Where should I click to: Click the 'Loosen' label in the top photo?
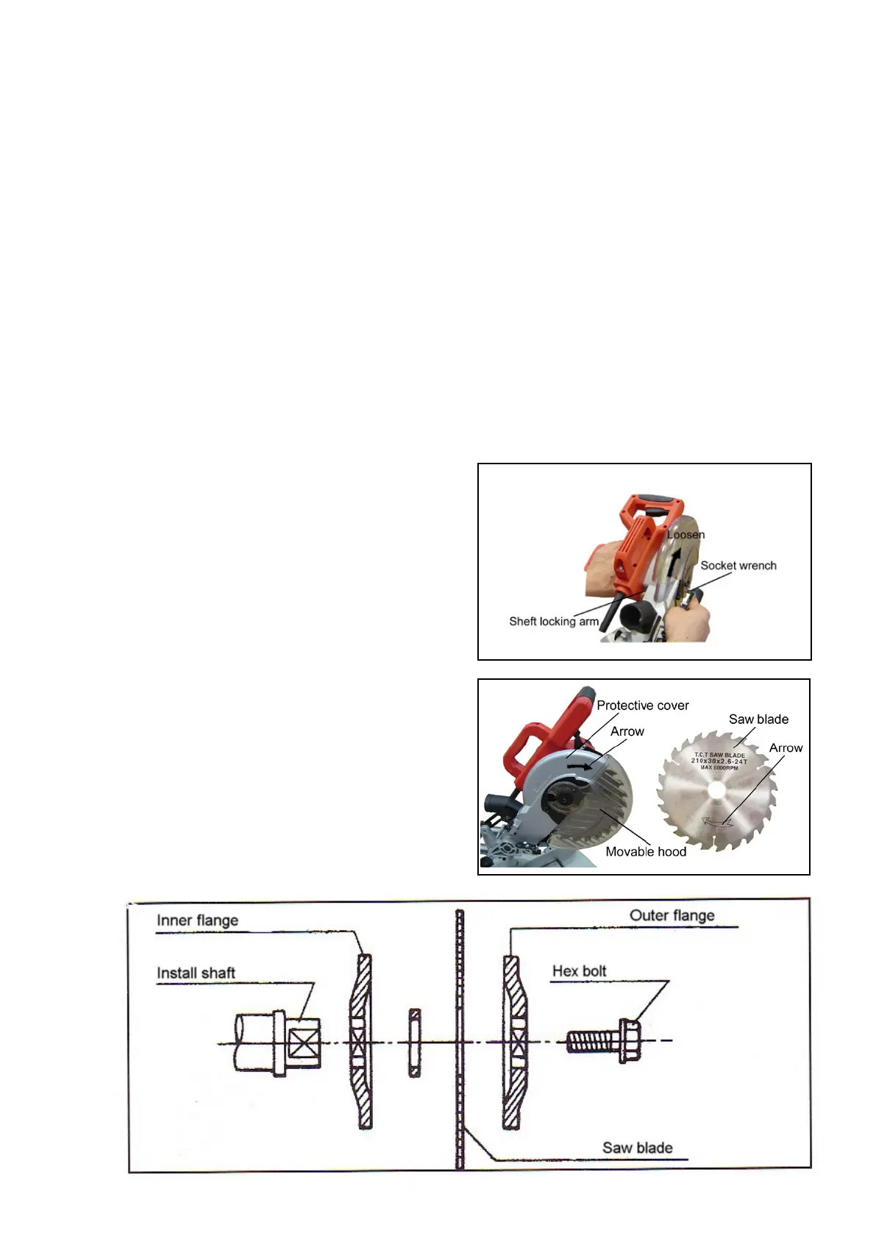(686, 535)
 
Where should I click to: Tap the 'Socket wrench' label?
(738, 566)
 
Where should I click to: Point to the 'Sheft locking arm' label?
(554, 622)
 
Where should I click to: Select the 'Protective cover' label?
(642, 706)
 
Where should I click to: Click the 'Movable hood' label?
(645, 851)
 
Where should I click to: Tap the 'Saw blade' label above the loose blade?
(758, 720)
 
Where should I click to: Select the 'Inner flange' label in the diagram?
(197, 920)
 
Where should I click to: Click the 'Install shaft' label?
(196, 973)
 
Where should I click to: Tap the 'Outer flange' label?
(672, 916)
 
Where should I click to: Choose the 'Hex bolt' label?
(579, 971)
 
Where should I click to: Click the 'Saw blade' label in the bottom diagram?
(637, 1148)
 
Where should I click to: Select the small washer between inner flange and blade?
(414, 1043)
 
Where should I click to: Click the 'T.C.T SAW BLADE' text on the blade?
(719, 755)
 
